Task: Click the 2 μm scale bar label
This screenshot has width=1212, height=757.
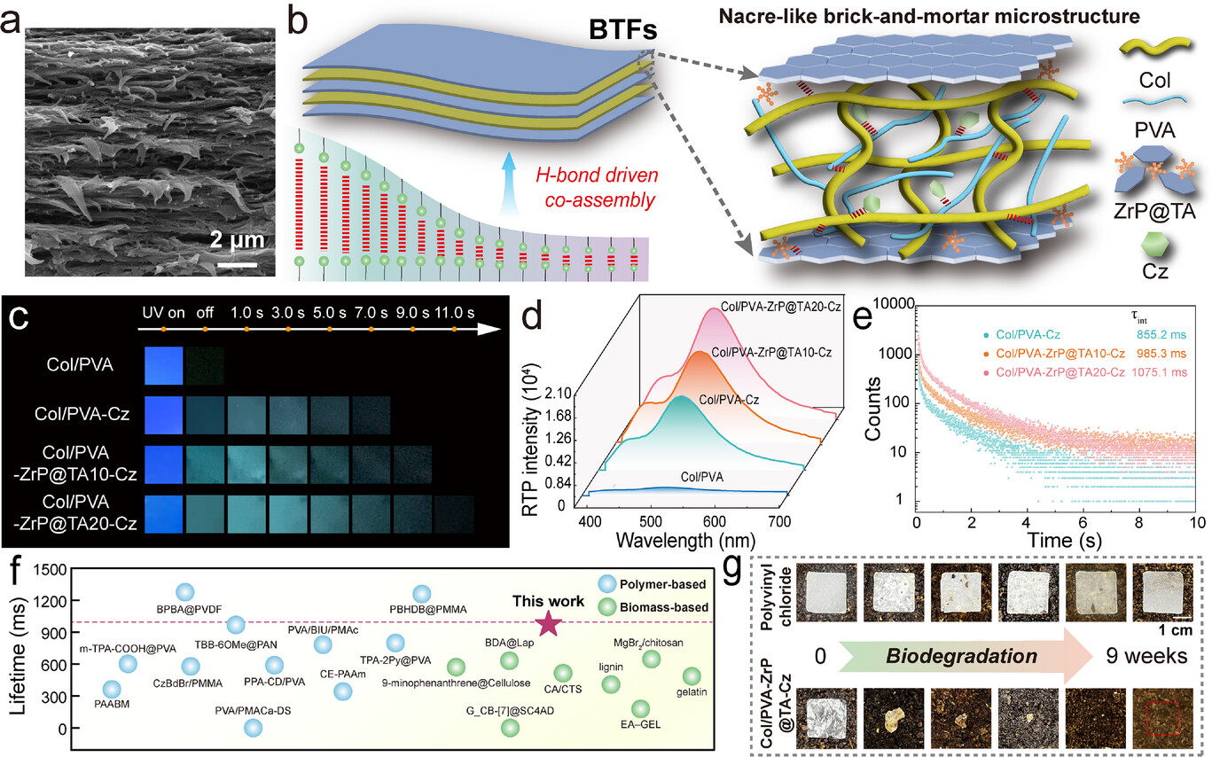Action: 236,240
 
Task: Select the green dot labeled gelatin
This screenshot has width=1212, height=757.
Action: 690,677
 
